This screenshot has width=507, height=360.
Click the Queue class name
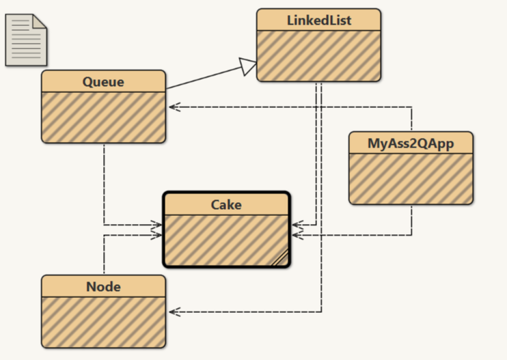pyautogui.click(x=103, y=82)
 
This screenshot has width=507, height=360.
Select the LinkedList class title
pyautogui.click(x=318, y=20)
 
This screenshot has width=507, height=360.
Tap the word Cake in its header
pyautogui.click(x=226, y=204)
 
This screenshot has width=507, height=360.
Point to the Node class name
pyautogui.click(x=103, y=287)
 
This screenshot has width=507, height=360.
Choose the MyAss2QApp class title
pyautogui.click(x=411, y=143)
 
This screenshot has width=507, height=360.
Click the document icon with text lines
pyautogui.click(x=27, y=39)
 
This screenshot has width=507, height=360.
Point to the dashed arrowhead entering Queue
pyautogui.click(x=174, y=107)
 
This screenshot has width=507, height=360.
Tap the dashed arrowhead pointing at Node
pyautogui.click(x=174, y=312)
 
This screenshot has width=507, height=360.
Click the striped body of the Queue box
pyautogui.click(x=103, y=117)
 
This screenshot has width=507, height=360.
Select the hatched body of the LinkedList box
pyautogui.click(x=318, y=55)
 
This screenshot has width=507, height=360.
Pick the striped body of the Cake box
pyautogui.click(x=226, y=239)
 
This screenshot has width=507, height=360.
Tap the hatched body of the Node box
pyautogui.click(x=103, y=322)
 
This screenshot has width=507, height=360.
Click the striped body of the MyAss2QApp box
pyautogui.click(x=411, y=178)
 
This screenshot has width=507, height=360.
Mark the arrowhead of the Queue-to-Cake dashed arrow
pyautogui.click(x=158, y=224)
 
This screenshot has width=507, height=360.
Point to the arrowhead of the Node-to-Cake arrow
pyautogui.click(x=158, y=235)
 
